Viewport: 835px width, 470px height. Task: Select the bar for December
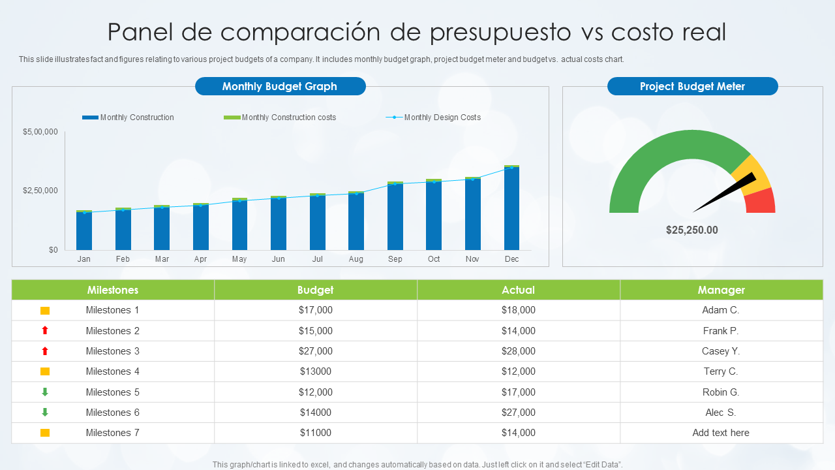coord(511,209)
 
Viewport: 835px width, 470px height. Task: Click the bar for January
coord(84,231)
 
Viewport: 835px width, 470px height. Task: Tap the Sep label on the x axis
coord(395,259)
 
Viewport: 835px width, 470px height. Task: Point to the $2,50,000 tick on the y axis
coord(40,191)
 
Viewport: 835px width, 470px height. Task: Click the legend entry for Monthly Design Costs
coord(442,117)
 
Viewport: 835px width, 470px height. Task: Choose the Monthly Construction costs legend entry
coord(288,117)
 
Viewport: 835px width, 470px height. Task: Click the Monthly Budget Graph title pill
coord(280,86)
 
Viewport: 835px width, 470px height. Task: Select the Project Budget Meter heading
coord(692,86)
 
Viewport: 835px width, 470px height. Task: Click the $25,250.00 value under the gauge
coord(691,230)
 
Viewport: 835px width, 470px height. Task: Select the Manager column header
coord(721,290)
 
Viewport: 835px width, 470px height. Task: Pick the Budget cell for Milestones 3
coord(315,351)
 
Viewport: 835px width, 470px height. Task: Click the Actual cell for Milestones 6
coord(518,413)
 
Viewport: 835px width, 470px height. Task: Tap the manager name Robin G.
coord(721,392)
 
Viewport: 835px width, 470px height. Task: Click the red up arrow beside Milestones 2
coord(45,331)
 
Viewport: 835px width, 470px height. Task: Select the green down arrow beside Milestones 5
coord(45,392)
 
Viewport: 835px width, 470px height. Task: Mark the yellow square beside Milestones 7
coord(45,433)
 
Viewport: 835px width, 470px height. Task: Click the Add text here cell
coord(721,433)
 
